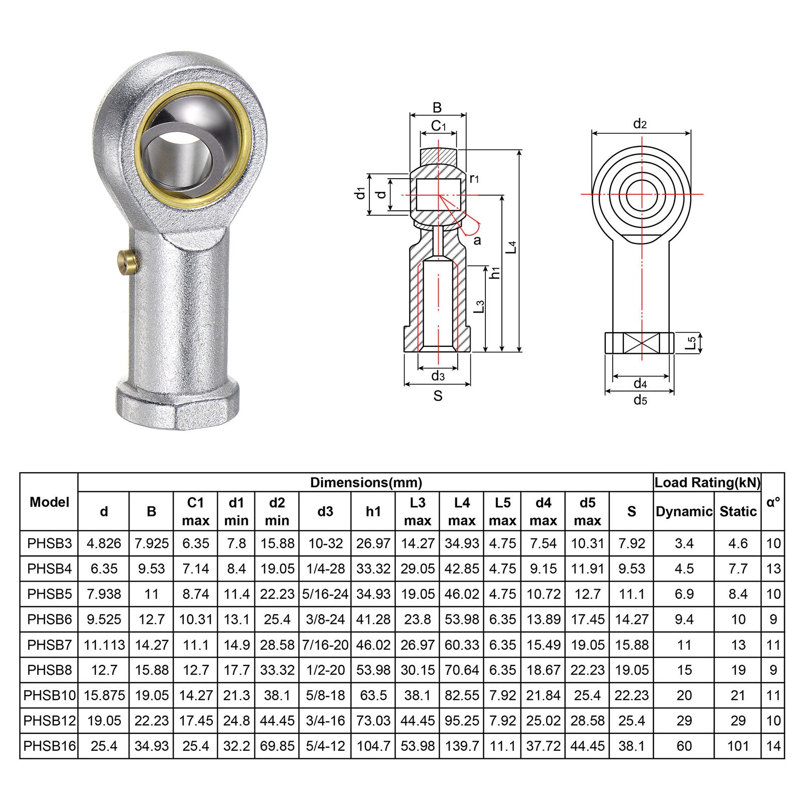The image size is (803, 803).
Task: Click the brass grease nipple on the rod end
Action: (128, 260)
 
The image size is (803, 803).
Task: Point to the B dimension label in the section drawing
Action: (437, 107)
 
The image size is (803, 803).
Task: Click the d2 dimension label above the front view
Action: (640, 123)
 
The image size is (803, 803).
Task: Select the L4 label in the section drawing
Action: (511, 246)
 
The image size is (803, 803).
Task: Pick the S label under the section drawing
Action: (438, 396)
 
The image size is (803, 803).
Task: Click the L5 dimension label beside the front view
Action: (692, 343)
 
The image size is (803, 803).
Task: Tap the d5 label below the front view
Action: (640, 400)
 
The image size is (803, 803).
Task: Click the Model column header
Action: (49, 502)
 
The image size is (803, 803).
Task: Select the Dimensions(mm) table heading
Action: (366, 483)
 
